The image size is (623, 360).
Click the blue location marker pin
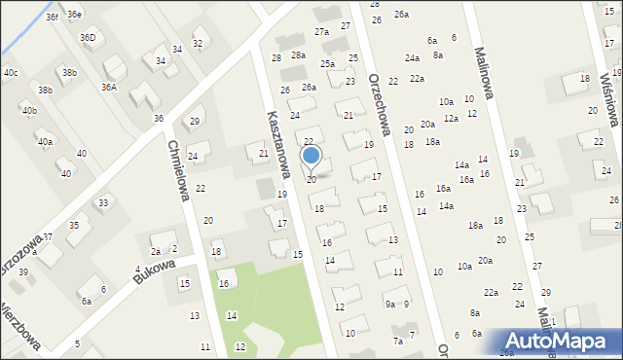click(311, 156)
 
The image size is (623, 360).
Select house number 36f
click(52, 17)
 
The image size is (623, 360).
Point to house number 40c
click(10, 72)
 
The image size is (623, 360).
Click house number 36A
click(109, 87)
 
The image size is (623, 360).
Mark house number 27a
click(321, 32)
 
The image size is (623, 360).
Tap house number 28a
click(298, 55)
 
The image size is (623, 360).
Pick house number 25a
click(328, 63)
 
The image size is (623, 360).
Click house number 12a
click(451, 118)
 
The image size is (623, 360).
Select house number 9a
click(389, 304)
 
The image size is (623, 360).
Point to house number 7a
click(397, 342)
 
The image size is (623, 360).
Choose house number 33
click(102, 203)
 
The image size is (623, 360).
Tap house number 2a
click(155, 251)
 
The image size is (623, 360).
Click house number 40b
click(29, 110)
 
